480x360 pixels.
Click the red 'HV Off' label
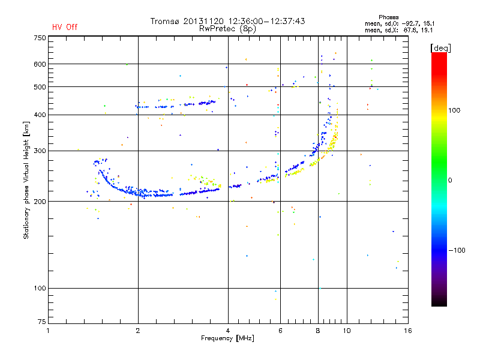[x=65, y=27]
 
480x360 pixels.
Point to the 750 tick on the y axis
[x=39, y=38]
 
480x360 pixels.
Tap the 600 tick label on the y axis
[x=39, y=64]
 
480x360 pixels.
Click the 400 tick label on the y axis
[x=39, y=115]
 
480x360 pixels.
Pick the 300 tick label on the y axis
[x=39, y=151]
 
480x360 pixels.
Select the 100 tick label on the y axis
[x=39, y=289]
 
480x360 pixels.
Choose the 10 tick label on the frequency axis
[x=346, y=331]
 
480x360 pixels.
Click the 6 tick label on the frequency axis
[x=280, y=331]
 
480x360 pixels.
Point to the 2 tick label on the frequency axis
[x=138, y=331]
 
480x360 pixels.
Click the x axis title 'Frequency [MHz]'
[x=227, y=338]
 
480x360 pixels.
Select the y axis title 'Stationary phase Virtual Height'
[x=26, y=180]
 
